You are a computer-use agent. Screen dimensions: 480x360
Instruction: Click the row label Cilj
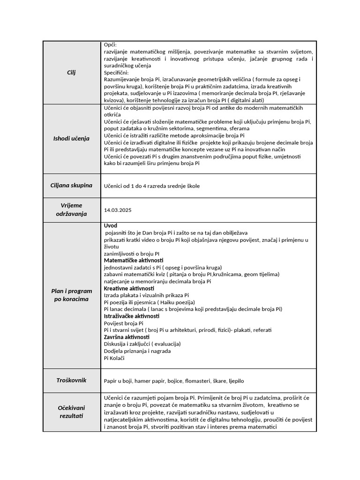[x=71, y=73]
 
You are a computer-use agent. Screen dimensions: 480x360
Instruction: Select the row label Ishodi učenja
[x=71, y=138]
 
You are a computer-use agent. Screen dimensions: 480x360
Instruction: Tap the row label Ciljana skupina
[x=71, y=186]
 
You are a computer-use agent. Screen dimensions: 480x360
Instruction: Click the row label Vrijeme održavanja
[x=71, y=210]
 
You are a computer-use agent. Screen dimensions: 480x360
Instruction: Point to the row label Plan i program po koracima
[x=71, y=295]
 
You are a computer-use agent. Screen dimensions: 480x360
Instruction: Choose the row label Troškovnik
[x=71, y=380]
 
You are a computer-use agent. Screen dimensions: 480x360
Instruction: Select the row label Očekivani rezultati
[x=71, y=412]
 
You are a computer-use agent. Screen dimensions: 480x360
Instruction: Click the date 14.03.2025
[x=118, y=210]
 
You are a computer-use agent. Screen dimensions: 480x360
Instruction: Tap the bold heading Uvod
[x=111, y=225]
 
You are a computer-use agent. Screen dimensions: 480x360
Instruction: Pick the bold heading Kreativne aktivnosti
[x=129, y=288]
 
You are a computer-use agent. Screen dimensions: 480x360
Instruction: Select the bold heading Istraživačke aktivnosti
[x=132, y=316]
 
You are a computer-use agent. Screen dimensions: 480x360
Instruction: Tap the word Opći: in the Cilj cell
[x=110, y=44]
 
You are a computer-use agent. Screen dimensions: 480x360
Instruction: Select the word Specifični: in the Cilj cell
[x=116, y=73]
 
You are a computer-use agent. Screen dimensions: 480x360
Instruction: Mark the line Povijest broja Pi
[x=123, y=323]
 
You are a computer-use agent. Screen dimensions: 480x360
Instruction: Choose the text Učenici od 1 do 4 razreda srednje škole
[x=151, y=186]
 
